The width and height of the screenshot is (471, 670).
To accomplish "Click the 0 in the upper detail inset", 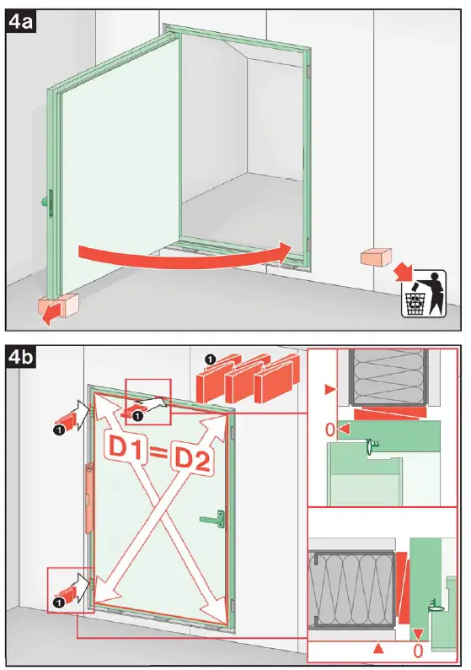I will [x=330, y=430].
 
